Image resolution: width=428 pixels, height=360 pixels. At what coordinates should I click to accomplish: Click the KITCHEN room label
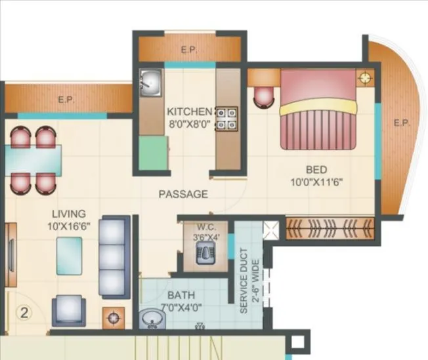189,111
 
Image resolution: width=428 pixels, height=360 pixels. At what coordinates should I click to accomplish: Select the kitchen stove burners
226,118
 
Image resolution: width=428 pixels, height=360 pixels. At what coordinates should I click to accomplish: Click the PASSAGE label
183,194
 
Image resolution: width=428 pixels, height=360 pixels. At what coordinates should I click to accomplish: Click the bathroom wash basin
154,319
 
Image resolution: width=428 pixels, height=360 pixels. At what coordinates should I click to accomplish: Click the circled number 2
25,312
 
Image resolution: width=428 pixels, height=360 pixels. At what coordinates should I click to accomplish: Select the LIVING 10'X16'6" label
69,219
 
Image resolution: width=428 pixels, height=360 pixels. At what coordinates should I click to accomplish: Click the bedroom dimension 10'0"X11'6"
318,182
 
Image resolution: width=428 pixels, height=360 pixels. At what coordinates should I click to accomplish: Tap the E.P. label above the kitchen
188,50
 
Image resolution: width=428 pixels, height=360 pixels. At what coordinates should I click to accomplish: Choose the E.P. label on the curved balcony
400,122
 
